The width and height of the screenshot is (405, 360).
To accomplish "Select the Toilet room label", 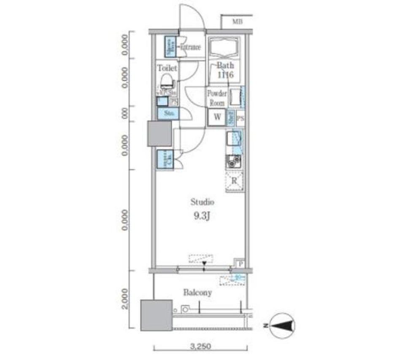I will pyautogui.click(x=167, y=67).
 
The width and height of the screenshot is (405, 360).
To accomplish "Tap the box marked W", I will pyautogui.click(x=217, y=118).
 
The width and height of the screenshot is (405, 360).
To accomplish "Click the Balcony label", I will pyautogui.click(x=197, y=292).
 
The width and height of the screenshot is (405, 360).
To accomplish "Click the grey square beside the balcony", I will pyautogui.click(x=156, y=314).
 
